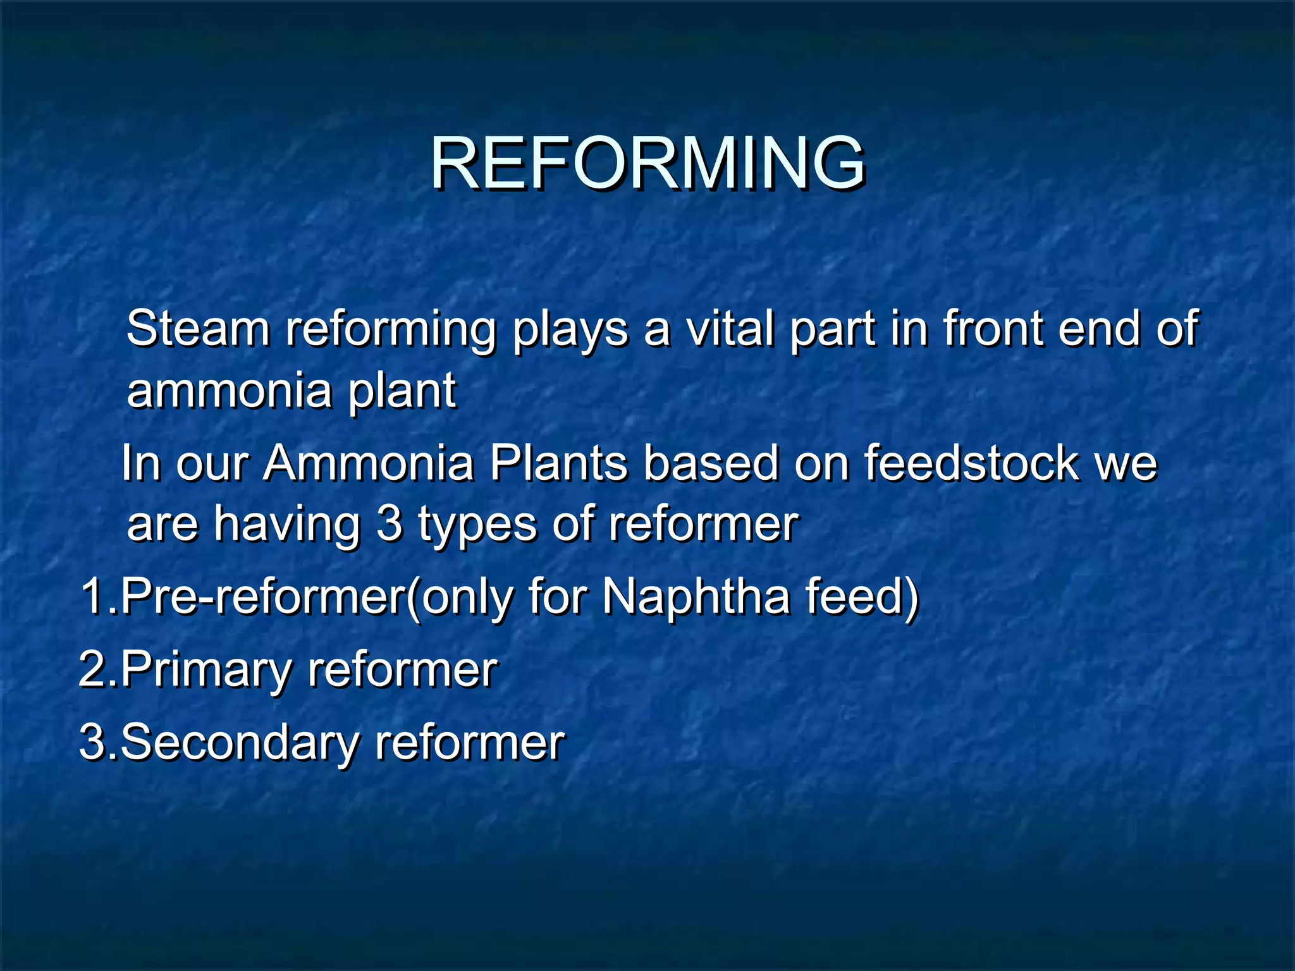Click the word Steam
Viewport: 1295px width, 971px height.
(198, 329)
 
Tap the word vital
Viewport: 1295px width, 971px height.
(730, 329)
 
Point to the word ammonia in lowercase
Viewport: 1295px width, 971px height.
(229, 391)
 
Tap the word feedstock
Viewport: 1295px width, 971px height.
(971, 463)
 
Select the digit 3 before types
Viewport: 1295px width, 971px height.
(389, 525)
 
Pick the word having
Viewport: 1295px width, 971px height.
(286, 526)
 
